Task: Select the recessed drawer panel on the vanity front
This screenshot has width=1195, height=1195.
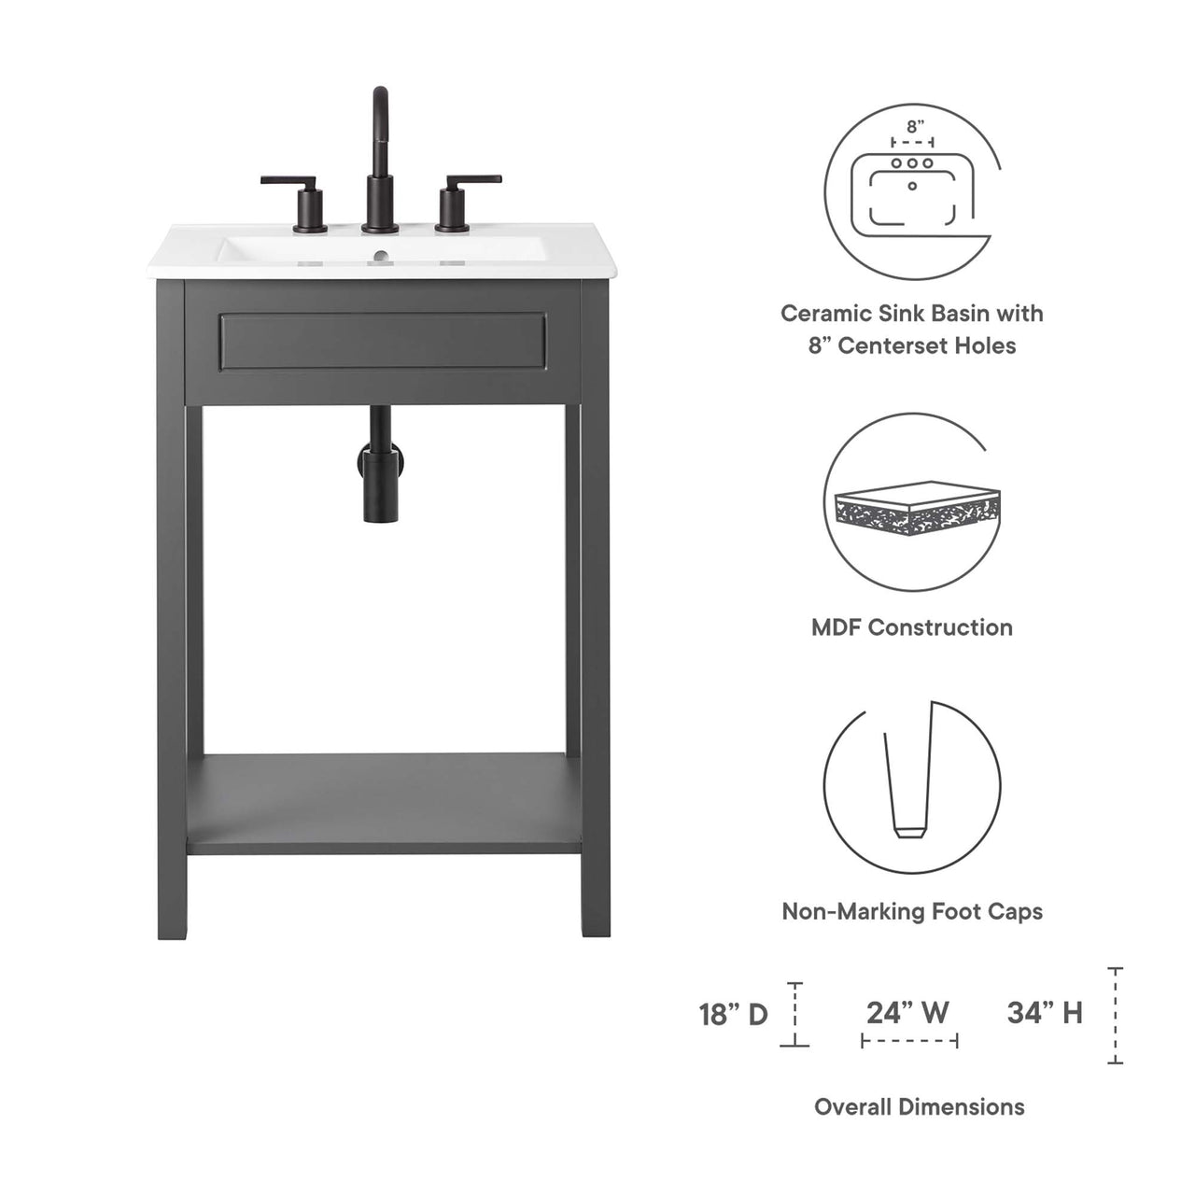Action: [x=382, y=342]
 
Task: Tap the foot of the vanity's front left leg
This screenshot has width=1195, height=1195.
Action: [x=172, y=924]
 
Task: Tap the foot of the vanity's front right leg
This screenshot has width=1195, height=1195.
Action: [x=597, y=924]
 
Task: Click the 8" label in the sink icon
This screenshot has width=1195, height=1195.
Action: [x=914, y=125]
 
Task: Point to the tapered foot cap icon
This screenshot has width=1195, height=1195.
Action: [x=906, y=784]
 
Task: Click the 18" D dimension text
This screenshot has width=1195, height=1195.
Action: [x=734, y=1014]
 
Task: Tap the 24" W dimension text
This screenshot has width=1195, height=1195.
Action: [x=907, y=1012]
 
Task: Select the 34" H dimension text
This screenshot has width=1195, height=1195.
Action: [x=1045, y=1012]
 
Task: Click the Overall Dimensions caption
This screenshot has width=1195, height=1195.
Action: [x=919, y=1107]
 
